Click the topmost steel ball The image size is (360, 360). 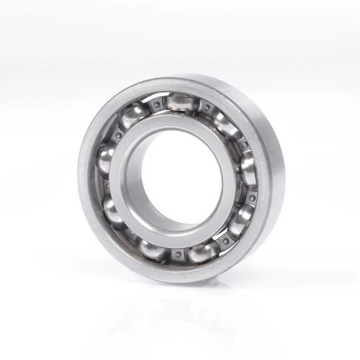click(x=179, y=102)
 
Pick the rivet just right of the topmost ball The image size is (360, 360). click(x=206, y=108)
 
